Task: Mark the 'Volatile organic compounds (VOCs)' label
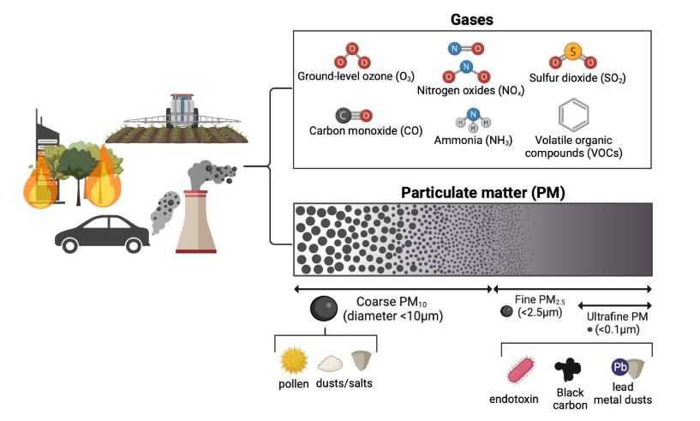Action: [577, 146]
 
